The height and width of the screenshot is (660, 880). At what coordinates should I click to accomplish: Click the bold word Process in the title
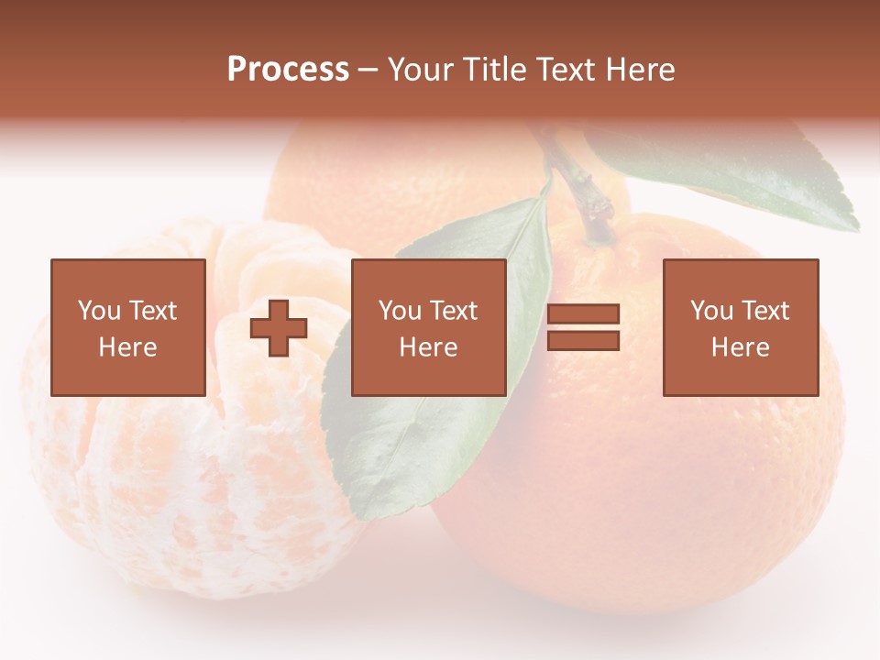coord(288,70)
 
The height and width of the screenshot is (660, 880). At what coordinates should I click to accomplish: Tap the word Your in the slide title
coord(421,70)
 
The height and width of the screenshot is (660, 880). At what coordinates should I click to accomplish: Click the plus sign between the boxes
coord(279,328)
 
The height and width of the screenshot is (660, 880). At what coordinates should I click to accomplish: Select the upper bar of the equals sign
coord(583,314)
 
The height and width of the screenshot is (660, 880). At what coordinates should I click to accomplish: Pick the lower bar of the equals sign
coord(583,341)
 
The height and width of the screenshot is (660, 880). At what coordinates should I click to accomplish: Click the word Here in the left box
coord(127,347)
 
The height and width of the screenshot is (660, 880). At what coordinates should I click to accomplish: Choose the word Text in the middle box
coord(454,311)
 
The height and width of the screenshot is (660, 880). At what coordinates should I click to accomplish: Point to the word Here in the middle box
coord(428,347)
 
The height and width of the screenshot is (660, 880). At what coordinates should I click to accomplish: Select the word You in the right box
coord(711,311)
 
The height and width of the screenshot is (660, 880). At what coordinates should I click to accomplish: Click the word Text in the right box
coord(765,311)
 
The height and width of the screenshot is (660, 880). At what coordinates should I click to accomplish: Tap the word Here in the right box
coord(740,347)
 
